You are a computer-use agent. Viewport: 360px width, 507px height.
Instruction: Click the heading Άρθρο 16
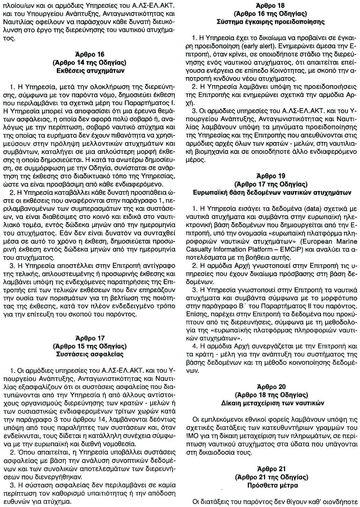(x=90, y=55)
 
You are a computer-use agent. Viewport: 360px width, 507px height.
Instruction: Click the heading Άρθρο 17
(x=90, y=338)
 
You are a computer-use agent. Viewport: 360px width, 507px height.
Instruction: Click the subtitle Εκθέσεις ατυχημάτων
(x=90, y=70)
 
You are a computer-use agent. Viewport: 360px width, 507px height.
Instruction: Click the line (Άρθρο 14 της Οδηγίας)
(x=90, y=63)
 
